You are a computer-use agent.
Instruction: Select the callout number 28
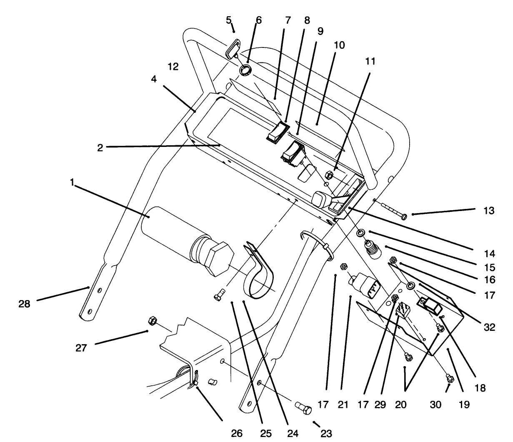click(x=25, y=304)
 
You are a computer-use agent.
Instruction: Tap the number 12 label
click(x=173, y=66)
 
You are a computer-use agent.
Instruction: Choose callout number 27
click(x=81, y=347)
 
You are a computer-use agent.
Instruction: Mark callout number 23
click(x=326, y=433)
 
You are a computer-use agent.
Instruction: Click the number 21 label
click(x=343, y=404)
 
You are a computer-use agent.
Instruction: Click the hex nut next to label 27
click(x=152, y=320)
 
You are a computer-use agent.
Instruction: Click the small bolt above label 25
click(x=219, y=296)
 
